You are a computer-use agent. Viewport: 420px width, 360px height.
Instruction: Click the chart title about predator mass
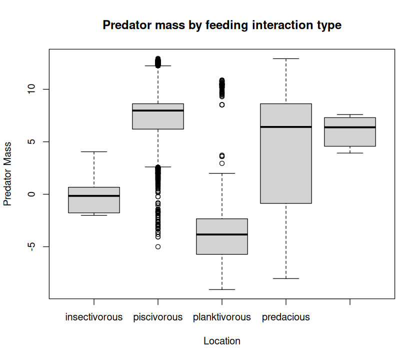tap(222, 25)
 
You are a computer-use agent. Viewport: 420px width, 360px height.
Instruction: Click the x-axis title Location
tap(222, 341)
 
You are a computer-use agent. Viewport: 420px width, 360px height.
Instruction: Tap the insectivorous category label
tap(94, 317)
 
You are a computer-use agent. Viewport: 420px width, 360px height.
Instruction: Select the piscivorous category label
tap(158, 317)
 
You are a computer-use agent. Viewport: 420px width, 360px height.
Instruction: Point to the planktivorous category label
tap(222, 317)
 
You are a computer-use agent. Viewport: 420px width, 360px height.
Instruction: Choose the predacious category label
tap(286, 317)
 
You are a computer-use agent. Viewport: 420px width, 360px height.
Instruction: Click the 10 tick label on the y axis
tap(32, 89)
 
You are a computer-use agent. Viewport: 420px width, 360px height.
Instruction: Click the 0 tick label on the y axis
tap(32, 194)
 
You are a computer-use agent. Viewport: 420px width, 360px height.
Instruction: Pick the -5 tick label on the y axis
tap(32, 246)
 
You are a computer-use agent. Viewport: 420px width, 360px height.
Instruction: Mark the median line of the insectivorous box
tap(94, 196)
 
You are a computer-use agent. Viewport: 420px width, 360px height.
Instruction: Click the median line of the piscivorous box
tap(158, 110)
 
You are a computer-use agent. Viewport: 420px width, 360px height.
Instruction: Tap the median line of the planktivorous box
tap(222, 234)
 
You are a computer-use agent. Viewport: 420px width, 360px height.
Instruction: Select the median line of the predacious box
tap(286, 127)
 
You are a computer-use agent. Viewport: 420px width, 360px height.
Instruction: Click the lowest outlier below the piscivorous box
tap(158, 246)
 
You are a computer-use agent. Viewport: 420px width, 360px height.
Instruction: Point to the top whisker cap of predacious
tap(286, 58)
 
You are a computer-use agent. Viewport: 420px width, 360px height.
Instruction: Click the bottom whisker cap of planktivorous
tap(222, 289)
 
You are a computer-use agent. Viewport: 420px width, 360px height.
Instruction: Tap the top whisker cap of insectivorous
tap(94, 151)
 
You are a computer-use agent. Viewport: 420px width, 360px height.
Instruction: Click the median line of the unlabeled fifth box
tap(350, 127)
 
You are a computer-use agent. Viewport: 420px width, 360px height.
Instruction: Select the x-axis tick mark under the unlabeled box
tap(350, 302)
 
